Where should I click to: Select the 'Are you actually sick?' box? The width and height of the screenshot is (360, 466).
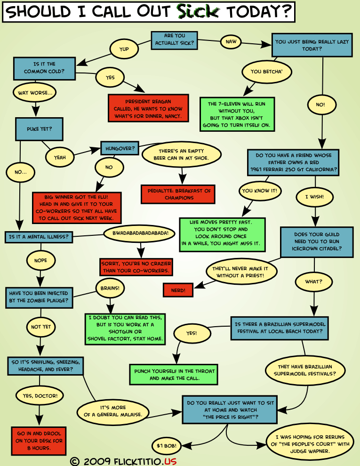(x=174, y=40)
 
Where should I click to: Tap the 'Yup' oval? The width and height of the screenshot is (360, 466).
(x=124, y=48)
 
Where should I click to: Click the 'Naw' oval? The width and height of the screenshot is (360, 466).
(x=231, y=41)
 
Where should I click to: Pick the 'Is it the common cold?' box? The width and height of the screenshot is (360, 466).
(x=45, y=68)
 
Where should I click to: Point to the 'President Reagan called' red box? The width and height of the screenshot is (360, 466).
(x=148, y=109)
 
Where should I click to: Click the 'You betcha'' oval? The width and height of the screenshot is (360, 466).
(x=266, y=72)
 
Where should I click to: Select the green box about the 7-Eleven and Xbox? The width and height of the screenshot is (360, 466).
(x=237, y=114)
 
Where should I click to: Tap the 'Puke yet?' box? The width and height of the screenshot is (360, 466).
(x=40, y=129)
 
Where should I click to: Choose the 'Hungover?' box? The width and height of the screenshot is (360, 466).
(x=120, y=148)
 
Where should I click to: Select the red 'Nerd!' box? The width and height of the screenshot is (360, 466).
(x=178, y=290)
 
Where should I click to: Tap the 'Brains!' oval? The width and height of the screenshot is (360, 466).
(x=110, y=287)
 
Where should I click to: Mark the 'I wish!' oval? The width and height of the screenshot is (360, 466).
(x=313, y=197)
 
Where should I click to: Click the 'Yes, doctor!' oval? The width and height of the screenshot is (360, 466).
(x=40, y=396)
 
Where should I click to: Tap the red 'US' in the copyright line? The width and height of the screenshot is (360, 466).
(x=170, y=460)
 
